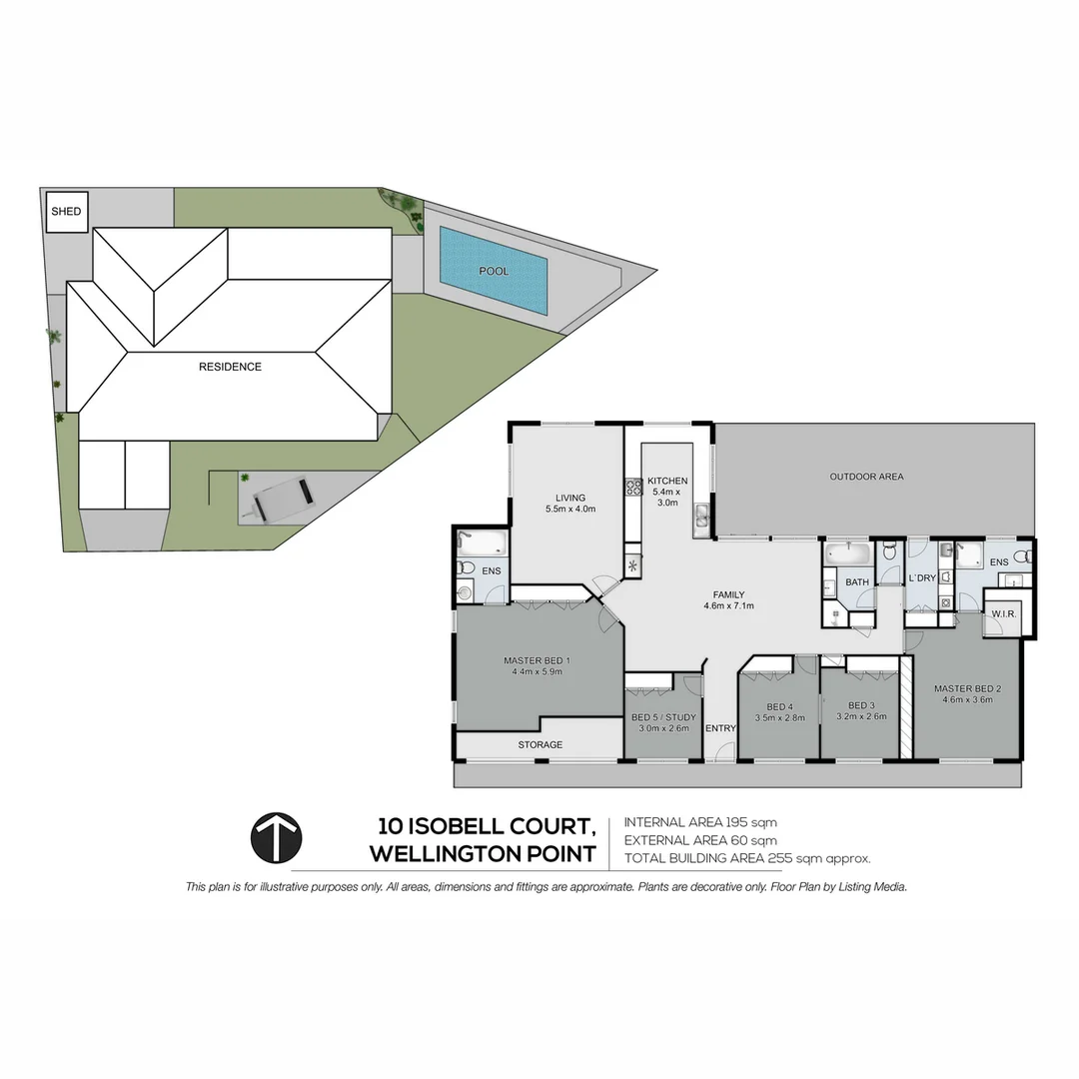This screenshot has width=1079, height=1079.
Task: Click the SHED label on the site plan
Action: tap(67, 212)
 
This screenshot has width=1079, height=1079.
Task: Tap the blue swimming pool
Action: tap(494, 271)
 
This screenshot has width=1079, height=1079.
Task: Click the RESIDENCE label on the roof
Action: tap(230, 367)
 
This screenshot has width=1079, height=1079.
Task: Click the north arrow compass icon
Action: tap(276, 837)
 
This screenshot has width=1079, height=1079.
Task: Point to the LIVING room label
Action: tap(570, 498)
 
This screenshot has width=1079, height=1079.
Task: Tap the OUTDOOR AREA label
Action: tap(866, 477)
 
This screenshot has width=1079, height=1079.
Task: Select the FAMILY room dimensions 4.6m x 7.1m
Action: tap(728, 606)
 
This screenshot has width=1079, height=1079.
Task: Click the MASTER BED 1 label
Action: tap(538, 660)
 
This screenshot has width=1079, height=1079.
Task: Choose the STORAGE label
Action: tap(539, 744)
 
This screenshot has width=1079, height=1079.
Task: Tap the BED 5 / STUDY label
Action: tap(663, 717)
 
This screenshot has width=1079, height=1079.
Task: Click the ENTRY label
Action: tap(720, 728)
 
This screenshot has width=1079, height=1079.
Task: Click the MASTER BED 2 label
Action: tap(967, 688)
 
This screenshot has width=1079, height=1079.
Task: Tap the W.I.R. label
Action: tap(1002, 613)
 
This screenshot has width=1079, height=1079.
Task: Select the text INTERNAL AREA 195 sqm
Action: tap(699, 822)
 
